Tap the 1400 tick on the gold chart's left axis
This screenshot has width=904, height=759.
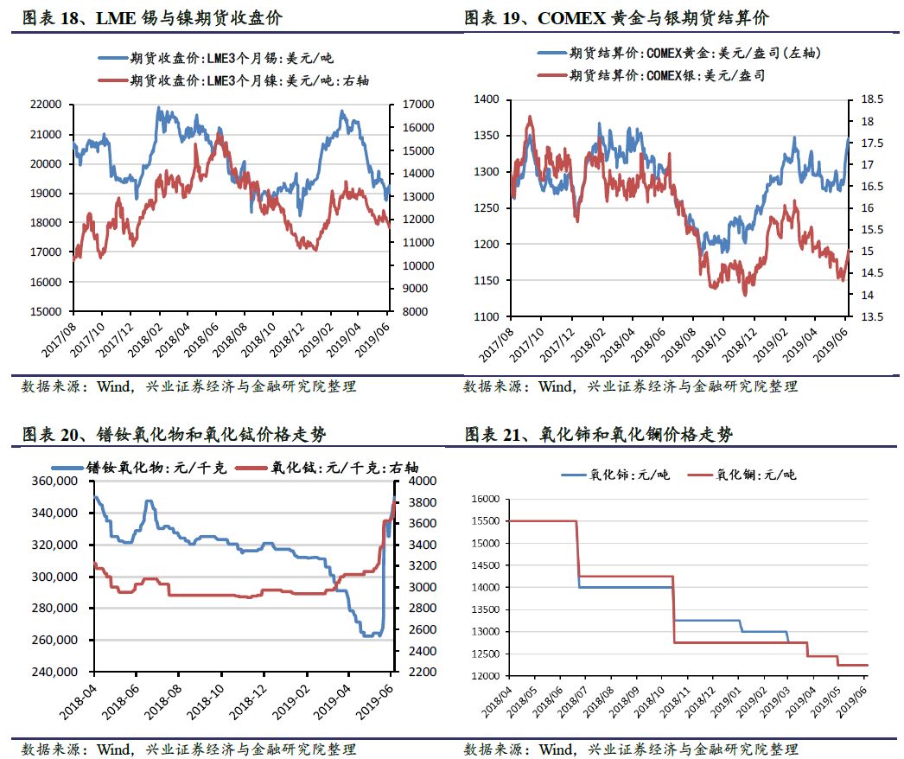pyautogui.click(x=487, y=100)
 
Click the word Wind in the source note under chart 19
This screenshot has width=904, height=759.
pyautogui.click(x=555, y=386)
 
